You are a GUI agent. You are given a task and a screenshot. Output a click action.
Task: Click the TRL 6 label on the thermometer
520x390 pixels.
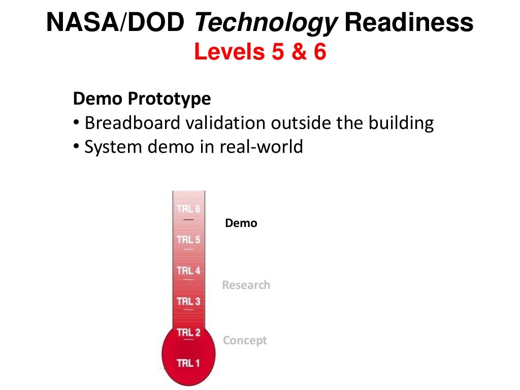188,209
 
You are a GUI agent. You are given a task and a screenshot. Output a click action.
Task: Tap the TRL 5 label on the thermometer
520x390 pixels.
188,239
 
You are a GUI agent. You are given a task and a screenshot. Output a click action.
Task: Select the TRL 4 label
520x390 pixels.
188,270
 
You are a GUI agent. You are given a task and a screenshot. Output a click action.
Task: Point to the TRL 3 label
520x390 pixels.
188,301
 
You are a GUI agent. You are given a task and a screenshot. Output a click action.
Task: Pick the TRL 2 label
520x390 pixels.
188,333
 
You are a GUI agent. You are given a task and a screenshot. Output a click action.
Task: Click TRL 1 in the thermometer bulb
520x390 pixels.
188,363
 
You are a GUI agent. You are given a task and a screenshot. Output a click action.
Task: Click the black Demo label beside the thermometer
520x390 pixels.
241,223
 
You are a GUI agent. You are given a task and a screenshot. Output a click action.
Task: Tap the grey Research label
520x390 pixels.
246,285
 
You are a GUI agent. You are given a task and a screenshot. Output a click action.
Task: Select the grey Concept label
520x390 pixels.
245,340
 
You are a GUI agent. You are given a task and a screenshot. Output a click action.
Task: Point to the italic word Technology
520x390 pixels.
266,23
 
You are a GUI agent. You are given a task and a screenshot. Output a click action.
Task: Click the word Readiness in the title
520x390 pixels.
409,23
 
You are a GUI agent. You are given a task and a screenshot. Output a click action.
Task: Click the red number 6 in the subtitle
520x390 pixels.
319,52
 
